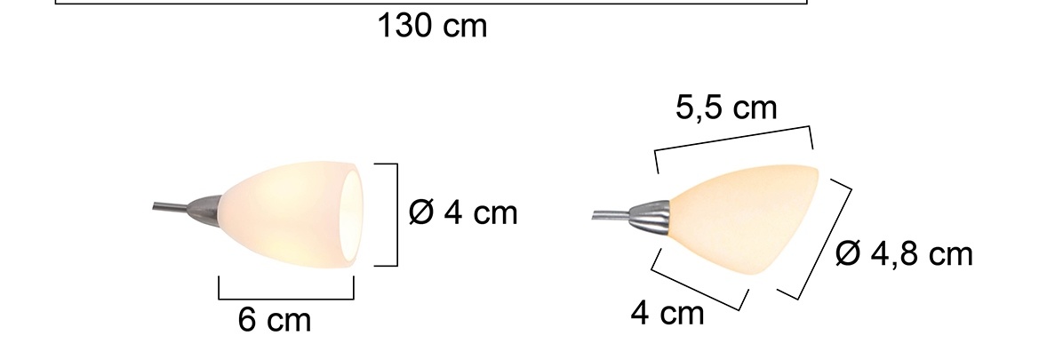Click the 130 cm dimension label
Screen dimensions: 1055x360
click(433, 27)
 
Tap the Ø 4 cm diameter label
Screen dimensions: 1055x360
click(462, 213)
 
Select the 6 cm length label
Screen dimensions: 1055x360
click(275, 320)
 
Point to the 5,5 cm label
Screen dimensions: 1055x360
click(726, 108)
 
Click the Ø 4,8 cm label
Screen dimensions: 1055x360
click(904, 255)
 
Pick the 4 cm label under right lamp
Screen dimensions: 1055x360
click(667, 312)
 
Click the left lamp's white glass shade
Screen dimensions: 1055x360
click(284, 213)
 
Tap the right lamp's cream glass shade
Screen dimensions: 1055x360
click(738, 218)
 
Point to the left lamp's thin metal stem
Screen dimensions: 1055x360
click(169, 209)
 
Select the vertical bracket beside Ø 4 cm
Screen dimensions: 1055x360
click(394, 214)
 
